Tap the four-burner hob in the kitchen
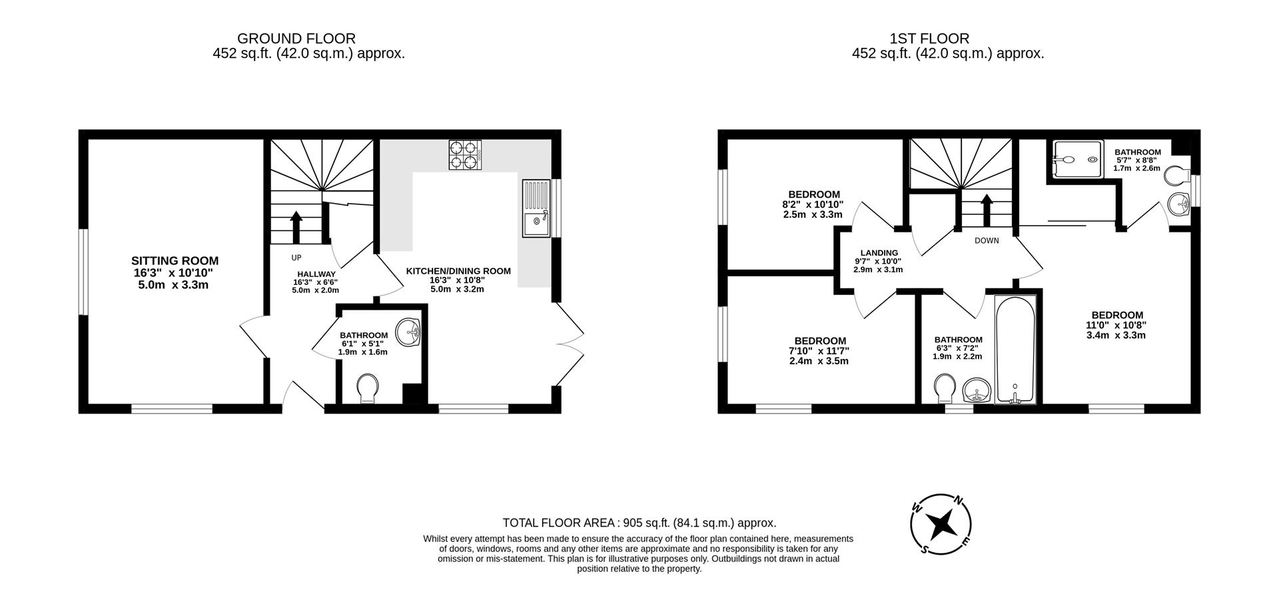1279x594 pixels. click(464, 154)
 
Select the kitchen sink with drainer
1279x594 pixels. click(536, 208)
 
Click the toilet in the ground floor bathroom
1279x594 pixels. click(367, 388)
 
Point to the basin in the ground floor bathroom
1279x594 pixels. click(407, 332)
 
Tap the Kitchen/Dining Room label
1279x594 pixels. click(458, 271)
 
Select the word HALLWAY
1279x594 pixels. click(316, 274)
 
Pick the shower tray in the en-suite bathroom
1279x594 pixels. click(1077, 160)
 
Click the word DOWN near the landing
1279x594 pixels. click(987, 240)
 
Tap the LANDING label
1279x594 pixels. click(879, 252)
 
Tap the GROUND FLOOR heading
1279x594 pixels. click(296, 39)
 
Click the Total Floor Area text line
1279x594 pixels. click(639, 523)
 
